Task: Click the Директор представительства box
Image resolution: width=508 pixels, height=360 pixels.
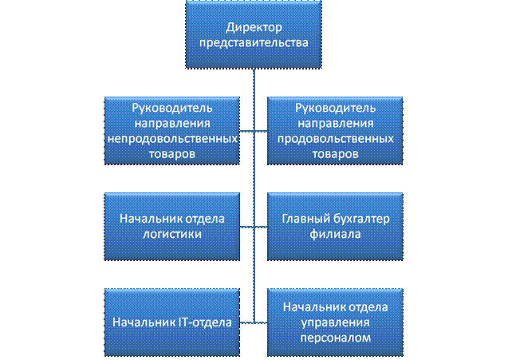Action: [x=253, y=34]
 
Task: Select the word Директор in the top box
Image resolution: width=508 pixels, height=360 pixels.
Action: [x=253, y=28]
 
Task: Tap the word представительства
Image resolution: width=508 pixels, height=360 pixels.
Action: [x=253, y=43]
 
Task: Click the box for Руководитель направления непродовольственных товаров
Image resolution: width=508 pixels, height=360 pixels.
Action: [x=173, y=130]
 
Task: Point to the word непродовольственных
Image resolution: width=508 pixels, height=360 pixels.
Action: [x=173, y=137]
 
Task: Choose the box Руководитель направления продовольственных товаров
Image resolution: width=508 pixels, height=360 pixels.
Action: [x=333, y=130]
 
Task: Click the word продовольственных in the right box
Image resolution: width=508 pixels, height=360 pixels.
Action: [x=333, y=137]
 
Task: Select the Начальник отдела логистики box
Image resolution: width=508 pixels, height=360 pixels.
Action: [x=173, y=226]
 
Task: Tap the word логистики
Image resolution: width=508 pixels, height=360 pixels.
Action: [x=173, y=235]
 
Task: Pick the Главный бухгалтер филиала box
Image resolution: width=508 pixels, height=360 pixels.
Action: [x=333, y=226]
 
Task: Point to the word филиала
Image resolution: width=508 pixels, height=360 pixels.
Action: [x=333, y=235]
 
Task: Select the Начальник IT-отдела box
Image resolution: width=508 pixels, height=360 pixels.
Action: [x=173, y=322]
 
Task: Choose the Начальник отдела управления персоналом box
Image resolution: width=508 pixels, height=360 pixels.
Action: [x=333, y=322]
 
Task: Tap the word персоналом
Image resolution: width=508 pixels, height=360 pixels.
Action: [x=333, y=338]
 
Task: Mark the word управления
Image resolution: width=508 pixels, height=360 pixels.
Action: [x=333, y=322]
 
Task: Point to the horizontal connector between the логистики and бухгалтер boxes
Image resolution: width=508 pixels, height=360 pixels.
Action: [x=253, y=227]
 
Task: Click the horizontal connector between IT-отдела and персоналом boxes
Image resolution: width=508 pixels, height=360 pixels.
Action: [x=253, y=322]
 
